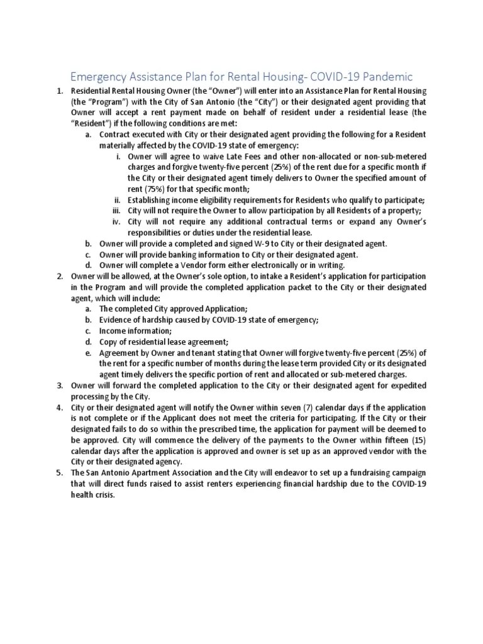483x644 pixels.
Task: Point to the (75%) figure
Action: click(141, 189)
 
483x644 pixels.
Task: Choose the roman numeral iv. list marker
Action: click(117, 221)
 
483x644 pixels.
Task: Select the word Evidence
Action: click(117, 320)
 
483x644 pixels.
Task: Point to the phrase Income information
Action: click(135, 331)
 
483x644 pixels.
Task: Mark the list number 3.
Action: click(60, 386)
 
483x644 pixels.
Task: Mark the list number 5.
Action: click(60, 473)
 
